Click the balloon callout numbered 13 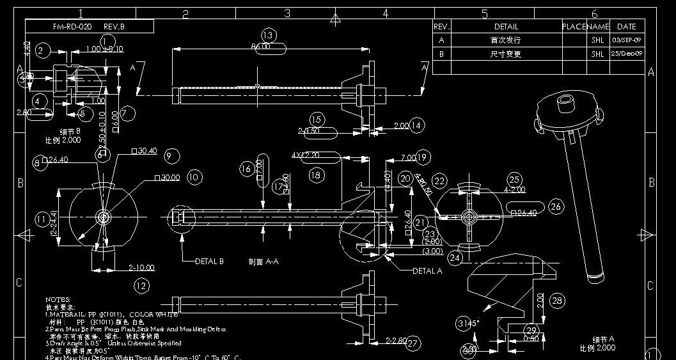269,35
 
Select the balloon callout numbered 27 413,343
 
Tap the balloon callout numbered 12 141,286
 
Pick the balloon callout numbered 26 556,206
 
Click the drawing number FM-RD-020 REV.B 89,27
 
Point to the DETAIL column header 506,27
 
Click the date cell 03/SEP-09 626,40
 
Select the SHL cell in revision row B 597,54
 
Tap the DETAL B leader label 209,261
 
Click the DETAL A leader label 427,270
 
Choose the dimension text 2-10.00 141,268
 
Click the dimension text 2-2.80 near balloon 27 395,341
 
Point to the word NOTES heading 58,299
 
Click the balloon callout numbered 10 194,177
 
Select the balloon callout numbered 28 557,301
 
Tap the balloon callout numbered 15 317,120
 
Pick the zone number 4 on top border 386,13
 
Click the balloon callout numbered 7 127,114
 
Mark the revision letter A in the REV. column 441,40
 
